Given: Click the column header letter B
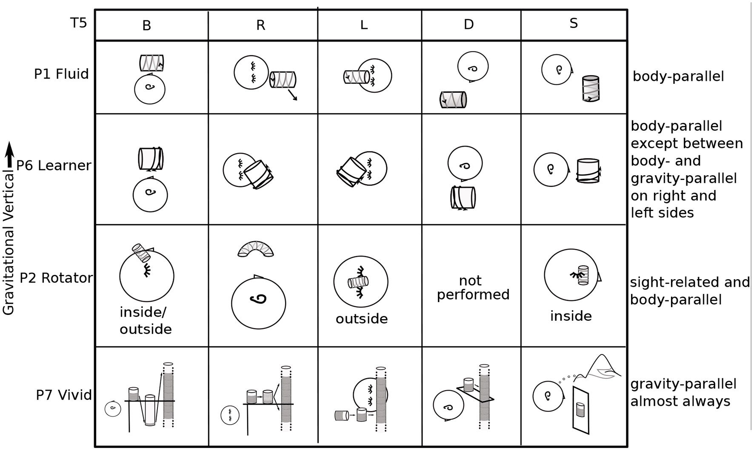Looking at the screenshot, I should tap(146, 26).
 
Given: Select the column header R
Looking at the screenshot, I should tap(261, 26).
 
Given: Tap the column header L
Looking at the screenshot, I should tap(364, 25).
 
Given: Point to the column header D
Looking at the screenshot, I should tap(468, 24).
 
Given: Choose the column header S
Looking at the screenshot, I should tap(574, 23).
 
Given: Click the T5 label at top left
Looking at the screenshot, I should tap(79, 23).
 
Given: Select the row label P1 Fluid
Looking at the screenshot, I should tap(61, 74).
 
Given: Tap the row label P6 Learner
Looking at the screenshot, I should tap(54, 166).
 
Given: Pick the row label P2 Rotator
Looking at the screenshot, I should tap(56, 278).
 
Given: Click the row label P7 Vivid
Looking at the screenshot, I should tap(64, 395).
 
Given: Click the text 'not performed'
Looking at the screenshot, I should tap(473, 288).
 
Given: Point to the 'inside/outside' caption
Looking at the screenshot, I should tap(146, 320).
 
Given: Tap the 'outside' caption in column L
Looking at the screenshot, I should tap(362, 319).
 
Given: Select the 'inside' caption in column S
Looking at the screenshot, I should tap(571, 316).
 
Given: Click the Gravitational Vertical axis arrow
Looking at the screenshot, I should tap(10, 155).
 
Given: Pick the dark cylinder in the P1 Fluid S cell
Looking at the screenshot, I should tap(591, 88).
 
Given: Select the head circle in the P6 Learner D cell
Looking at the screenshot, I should tap(465, 164).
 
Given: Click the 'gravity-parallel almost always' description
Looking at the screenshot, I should tap(683, 392).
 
